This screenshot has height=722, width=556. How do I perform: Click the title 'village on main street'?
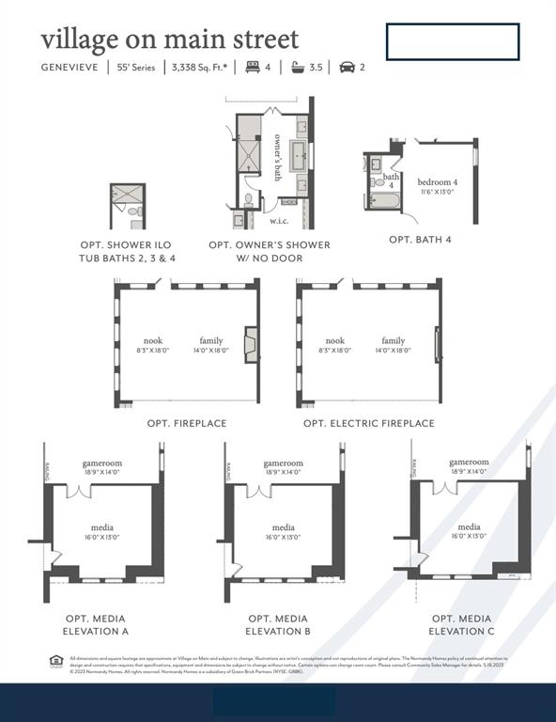170,39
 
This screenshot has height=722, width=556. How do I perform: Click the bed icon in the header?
252,67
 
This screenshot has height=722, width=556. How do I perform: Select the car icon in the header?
346,67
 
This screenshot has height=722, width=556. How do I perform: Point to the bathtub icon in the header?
298,67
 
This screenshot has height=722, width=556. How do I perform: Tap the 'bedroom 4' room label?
438,180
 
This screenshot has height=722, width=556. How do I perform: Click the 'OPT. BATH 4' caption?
420,240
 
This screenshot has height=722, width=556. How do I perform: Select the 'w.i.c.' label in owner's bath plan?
279,221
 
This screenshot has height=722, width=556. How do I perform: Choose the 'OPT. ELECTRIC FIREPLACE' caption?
368,424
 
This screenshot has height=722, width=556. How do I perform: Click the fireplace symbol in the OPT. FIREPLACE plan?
251,344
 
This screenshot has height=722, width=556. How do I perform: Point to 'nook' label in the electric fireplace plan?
335,340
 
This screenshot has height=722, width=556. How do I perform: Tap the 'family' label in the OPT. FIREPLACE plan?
211,340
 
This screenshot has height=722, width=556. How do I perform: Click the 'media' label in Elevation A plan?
102,527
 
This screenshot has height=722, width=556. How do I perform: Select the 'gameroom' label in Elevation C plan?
469,462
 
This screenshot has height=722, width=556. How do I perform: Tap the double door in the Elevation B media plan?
258,491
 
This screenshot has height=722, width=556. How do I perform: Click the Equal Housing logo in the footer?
56,663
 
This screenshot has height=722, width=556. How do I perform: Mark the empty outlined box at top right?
452,41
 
